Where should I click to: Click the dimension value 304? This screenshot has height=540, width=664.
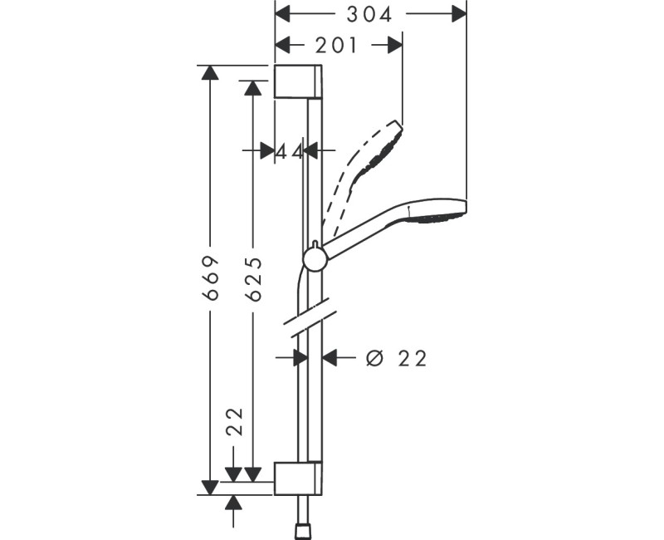[x=369, y=14]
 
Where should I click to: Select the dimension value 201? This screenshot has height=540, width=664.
[x=335, y=46]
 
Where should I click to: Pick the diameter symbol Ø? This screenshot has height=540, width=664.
[x=374, y=358]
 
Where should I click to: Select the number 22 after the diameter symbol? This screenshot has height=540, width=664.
[x=413, y=358]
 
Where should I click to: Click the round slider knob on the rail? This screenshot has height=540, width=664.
[x=315, y=258]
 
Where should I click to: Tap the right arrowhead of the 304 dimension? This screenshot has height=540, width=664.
[x=456, y=14]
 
